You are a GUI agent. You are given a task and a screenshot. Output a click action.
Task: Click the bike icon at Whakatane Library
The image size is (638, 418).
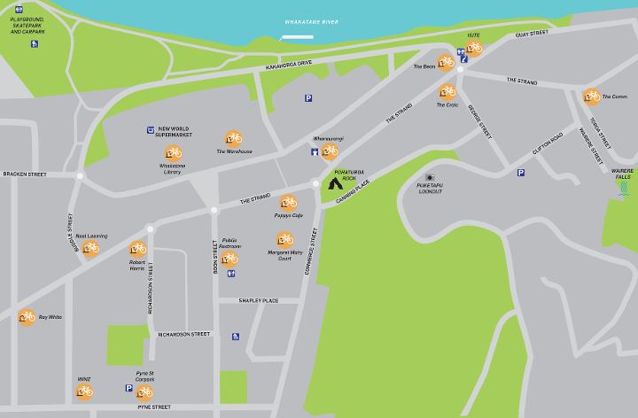click(173, 153)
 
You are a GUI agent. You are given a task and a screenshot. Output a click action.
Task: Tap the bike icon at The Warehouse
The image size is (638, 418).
click(234, 138)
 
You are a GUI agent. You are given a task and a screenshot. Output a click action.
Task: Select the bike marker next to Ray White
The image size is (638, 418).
click(27, 316)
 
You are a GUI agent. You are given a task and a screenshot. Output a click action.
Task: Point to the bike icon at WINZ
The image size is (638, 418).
click(84, 391)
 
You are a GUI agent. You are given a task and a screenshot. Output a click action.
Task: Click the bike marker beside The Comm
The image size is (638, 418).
click(591, 97)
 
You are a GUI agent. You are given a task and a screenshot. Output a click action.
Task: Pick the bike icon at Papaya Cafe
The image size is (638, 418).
click(288, 203)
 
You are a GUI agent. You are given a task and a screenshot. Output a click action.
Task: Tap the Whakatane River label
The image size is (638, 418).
click(311, 21)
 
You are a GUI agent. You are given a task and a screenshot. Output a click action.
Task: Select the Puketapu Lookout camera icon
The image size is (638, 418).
click(430, 177)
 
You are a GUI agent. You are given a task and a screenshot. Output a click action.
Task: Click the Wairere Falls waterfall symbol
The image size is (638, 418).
click(626, 188)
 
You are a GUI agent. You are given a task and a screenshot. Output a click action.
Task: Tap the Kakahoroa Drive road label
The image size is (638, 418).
click(289, 66)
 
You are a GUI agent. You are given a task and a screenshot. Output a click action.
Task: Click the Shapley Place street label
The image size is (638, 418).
click(259, 300)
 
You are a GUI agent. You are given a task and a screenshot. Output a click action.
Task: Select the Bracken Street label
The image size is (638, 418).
click(24, 174)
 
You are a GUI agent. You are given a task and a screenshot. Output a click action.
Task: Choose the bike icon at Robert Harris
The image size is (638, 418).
click(137, 249)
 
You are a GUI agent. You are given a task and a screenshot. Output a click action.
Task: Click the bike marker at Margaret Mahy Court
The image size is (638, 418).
click(284, 239)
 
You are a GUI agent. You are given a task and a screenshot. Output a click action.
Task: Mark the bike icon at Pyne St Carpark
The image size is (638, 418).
click(144, 392)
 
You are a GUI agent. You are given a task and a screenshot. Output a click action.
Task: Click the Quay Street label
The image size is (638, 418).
click(532, 34)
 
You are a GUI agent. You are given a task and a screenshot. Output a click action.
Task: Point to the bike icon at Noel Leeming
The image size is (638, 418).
click(90, 248)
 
